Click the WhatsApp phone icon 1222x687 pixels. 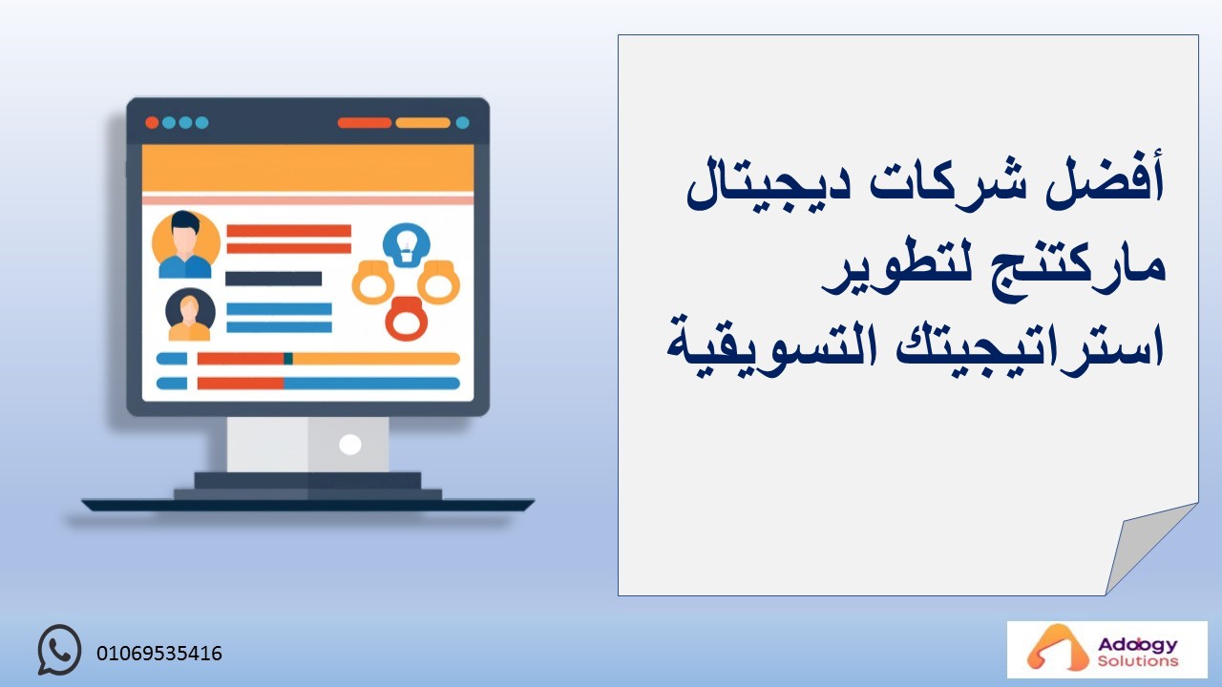pyautogui.click(x=59, y=650)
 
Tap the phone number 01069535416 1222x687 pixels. pyautogui.click(x=159, y=654)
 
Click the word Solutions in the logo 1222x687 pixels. pyautogui.click(x=1138, y=661)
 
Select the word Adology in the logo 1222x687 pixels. pyautogui.click(x=1138, y=645)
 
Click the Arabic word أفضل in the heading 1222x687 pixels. pyautogui.click(x=1106, y=180)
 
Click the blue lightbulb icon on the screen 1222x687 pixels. pyautogui.click(x=407, y=245)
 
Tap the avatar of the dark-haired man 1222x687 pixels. pyautogui.click(x=185, y=245)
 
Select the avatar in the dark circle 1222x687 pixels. pyautogui.click(x=190, y=315)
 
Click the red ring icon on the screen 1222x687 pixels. pyautogui.click(x=406, y=319)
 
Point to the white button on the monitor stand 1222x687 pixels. pyautogui.click(x=349, y=445)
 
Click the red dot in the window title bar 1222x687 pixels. pyautogui.click(x=152, y=123)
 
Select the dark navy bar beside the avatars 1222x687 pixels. pyautogui.click(x=273, y=279)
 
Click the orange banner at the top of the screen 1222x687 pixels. pyautogui.click(x=307, y=168)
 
